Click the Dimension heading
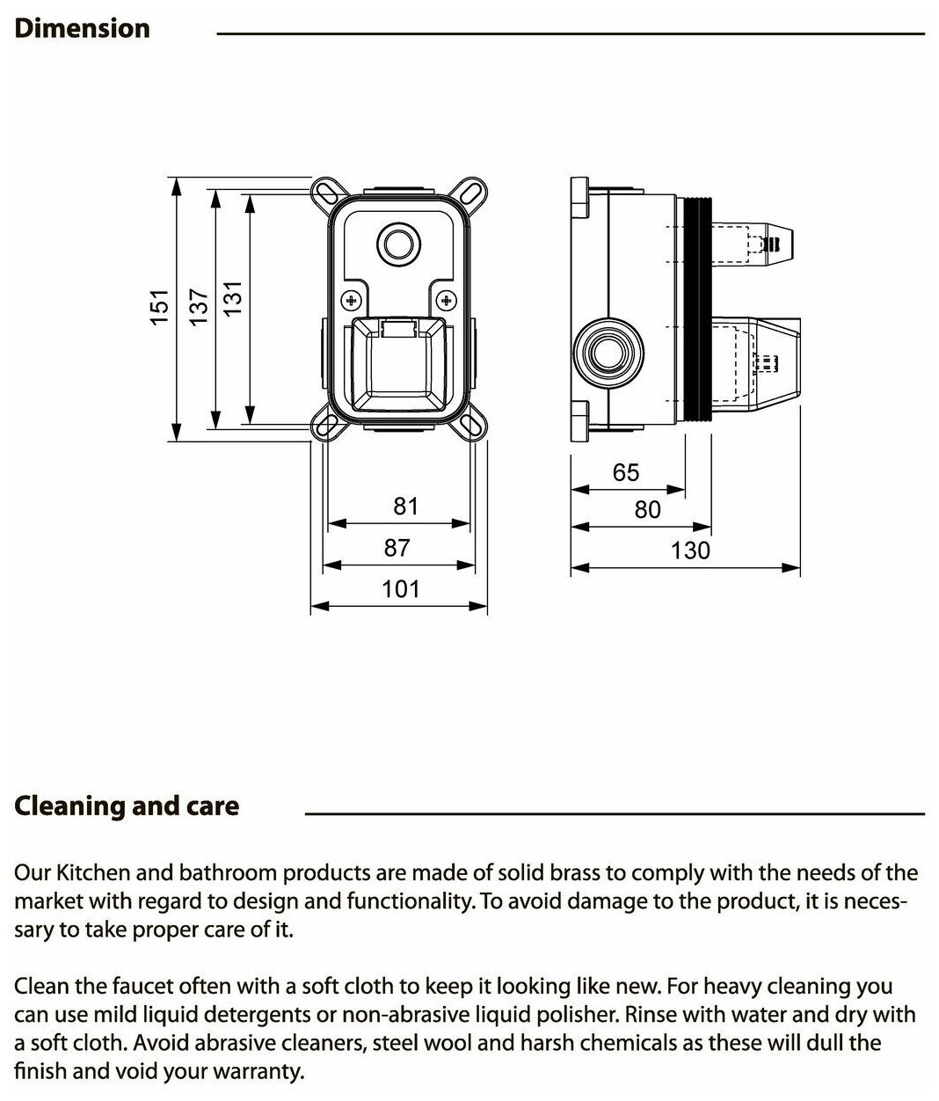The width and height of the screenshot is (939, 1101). pyautogui.click(x=83, y=28)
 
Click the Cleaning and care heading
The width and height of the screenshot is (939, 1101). pyautogui.click(x=127, y=806)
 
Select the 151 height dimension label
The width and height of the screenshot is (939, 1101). pyautogui.click(x=158, y=308)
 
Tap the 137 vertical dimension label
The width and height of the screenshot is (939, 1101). pyautogui.click(x=199, y=308)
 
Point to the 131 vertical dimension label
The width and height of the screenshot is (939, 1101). pyautogui.click(x=232, y=308)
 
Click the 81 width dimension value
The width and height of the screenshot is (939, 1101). pyautogui.click(x=405, y=507)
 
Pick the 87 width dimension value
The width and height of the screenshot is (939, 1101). pyautogui.click(x=397, y=548)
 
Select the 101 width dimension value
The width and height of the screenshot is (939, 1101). pyautogui.click(x=401, y=588)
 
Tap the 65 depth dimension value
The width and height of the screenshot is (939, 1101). pyautogui.click(x=626, y=472)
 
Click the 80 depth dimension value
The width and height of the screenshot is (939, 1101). pyautogui.click(x=647, y=510)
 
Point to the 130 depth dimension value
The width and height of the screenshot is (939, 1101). pyautogui.click(x=690, y=550)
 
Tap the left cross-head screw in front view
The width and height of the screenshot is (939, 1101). pyautogui.click(x=352, y=302)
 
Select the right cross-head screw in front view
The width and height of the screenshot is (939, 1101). pyautogui.click(x=446, y=302)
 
